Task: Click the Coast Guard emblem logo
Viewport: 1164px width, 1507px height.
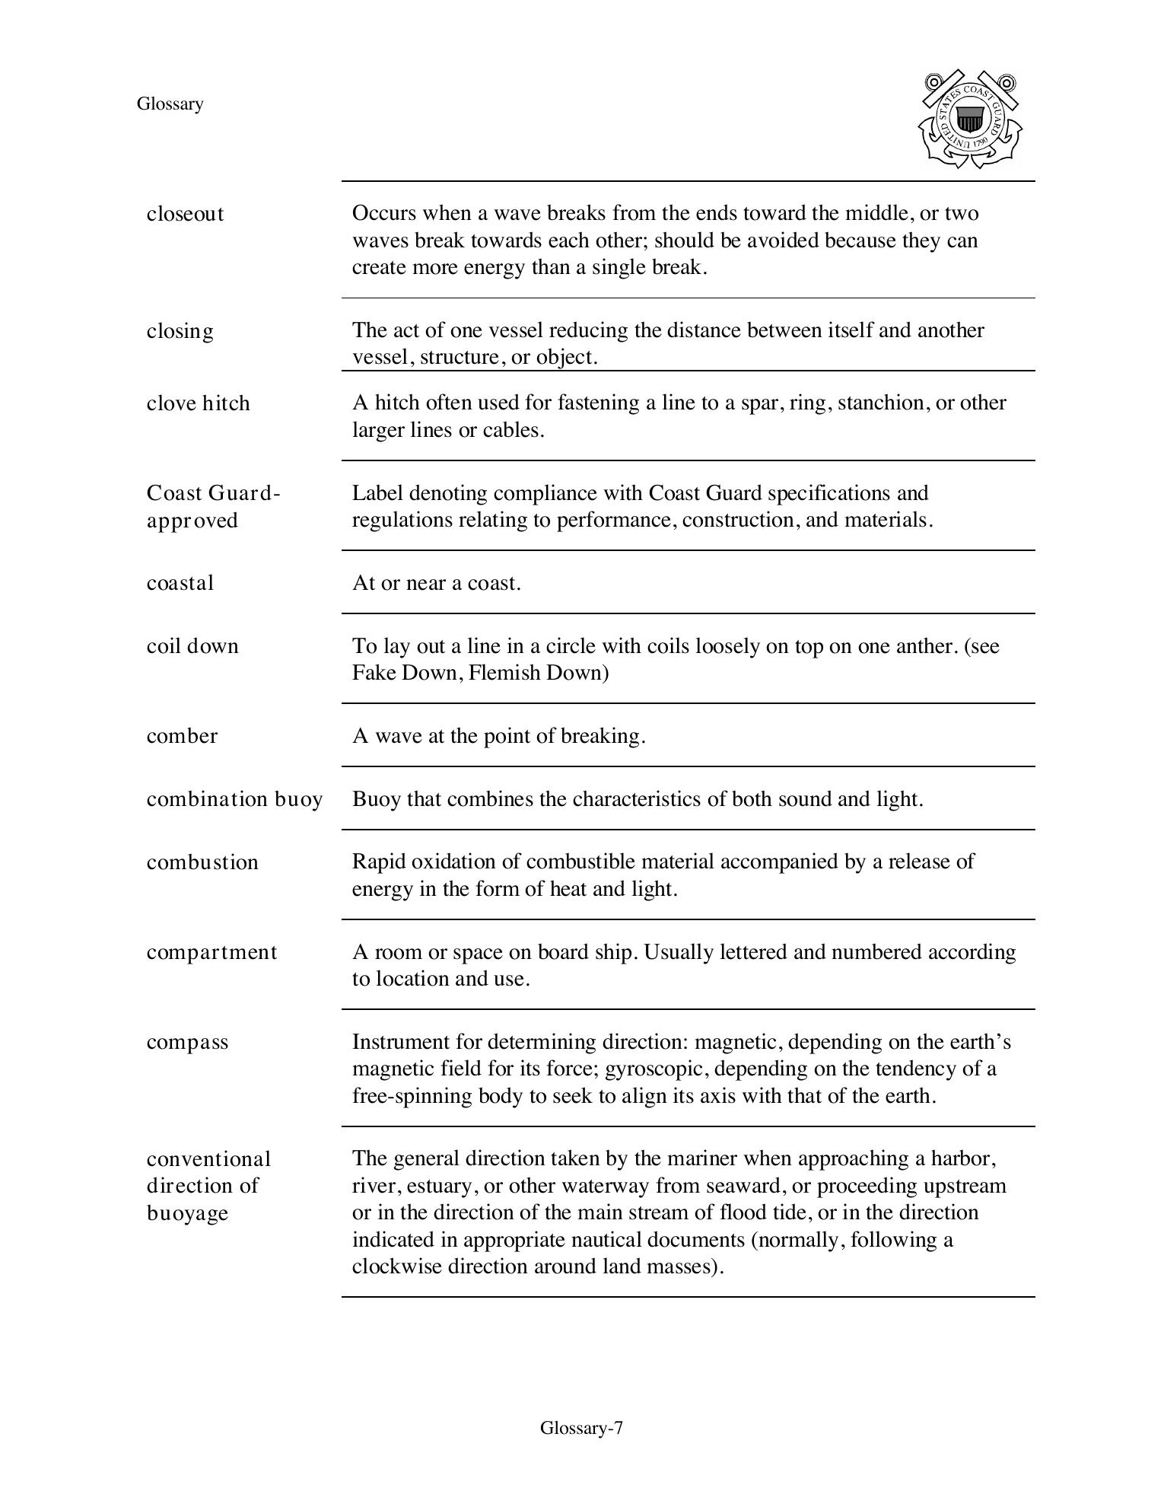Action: (970, 119)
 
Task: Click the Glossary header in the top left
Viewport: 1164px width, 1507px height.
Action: (170, 104)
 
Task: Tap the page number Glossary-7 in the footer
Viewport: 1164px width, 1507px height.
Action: (581, 1428)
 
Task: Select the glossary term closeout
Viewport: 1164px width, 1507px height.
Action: (185, 214)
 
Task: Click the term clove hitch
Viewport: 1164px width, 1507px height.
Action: (198, 403)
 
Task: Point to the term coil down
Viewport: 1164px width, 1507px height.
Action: (192, 646)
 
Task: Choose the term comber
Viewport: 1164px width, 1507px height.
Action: (182, 736)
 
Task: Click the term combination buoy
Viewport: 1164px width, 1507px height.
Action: (234, 799)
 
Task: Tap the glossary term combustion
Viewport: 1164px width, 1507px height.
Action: (202, 862)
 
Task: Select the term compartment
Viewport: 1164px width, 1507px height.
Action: (211, 952)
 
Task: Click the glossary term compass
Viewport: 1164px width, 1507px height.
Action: (187, 1042)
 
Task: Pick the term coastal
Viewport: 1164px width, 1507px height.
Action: (180, 583)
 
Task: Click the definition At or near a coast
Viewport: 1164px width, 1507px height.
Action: (436, 583)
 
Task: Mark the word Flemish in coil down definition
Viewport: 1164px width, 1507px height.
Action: (504, 673)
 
